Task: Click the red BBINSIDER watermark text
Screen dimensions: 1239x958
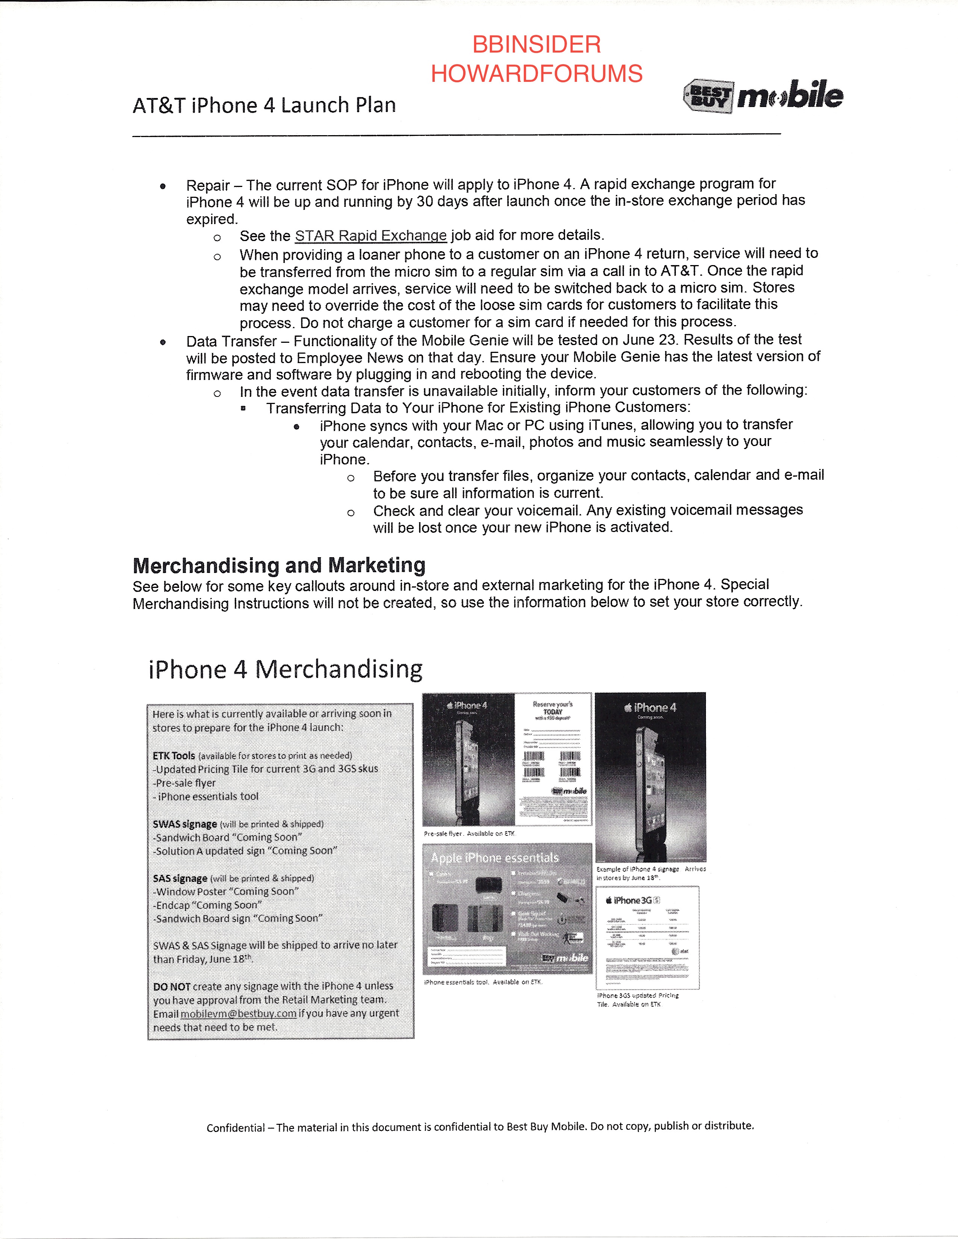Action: click(536, 45)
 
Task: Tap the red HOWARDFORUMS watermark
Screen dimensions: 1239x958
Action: click(536, 74)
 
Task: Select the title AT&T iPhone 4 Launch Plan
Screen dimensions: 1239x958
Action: click(264, 106)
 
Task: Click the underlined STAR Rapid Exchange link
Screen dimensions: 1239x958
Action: click(370, 235)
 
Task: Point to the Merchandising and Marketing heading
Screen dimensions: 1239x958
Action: click(279, 565)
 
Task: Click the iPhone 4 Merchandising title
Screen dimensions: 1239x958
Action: click(286, 669)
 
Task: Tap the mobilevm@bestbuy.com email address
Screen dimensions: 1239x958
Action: click(238, 1014)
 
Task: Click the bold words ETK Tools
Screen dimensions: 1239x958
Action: click(174, 756)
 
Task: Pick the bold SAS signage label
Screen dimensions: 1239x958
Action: click(180, 878)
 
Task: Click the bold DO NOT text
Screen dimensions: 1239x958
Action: click(171, 987)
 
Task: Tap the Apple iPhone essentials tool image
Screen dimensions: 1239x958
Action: click(508, 908)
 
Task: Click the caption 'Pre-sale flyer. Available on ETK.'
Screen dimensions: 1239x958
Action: click(469, 834)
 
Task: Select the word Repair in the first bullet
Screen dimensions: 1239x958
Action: click(208, 185)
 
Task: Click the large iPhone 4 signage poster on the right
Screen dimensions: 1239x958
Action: click(650, 777)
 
